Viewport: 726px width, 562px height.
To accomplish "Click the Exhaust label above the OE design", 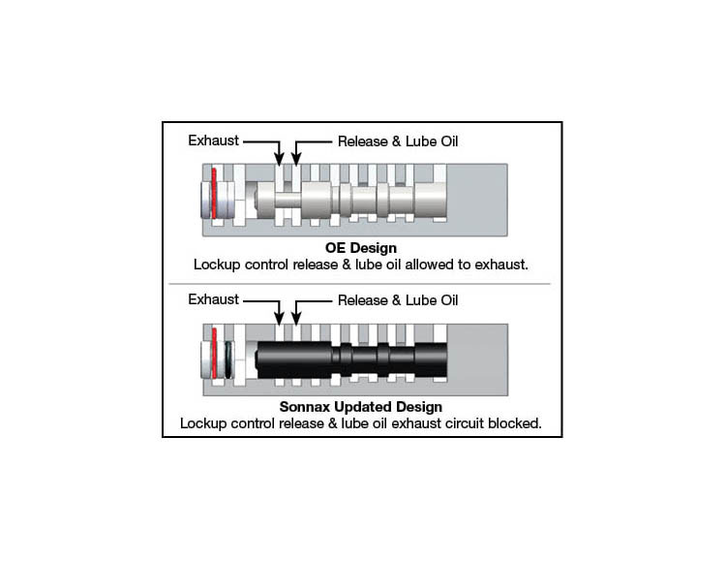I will click(x=213, y=141).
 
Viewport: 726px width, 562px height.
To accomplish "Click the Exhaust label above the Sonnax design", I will click(x=213, y=299).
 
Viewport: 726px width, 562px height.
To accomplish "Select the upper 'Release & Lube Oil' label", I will click(x=397, y=141).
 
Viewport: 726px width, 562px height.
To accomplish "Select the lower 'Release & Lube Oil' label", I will click(x=397, y=299).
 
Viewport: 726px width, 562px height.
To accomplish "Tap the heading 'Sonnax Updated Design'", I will click(x=362, y=408).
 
